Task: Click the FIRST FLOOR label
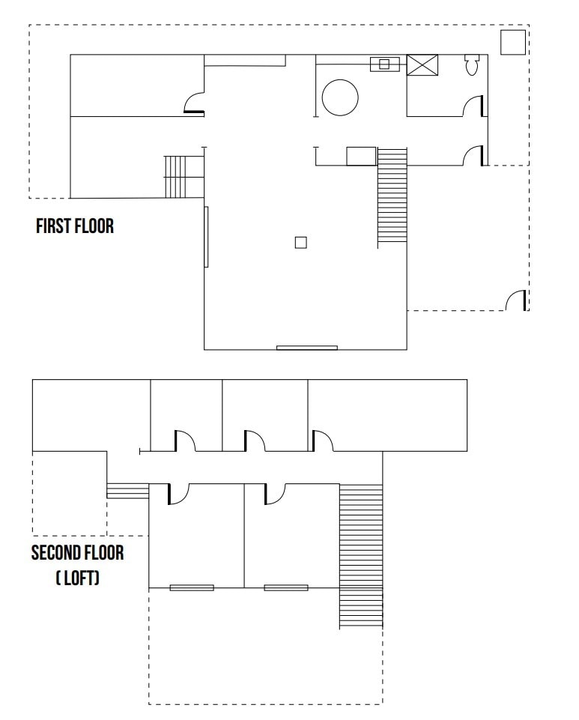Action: click(x=75, y=226)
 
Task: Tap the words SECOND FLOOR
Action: click(x=77, y=554)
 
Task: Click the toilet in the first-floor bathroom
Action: click(x=472, y=66)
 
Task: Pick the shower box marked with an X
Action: click(x=422, y=64)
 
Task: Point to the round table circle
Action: click(x=340, y=97)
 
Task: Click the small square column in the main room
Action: click(x=300, y=242)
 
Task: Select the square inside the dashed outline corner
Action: click(x=512, y=42)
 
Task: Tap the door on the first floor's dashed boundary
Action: click(x=516, y=300)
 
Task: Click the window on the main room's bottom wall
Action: click(x=307, y=348)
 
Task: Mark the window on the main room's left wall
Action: click(x=206, y=237)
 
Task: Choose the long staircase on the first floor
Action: click(x=392, y=197)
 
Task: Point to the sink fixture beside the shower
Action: click(x=384, y=64)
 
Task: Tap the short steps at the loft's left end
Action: click(x=128, y=490)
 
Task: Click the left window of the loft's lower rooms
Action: click(x=192, y=587)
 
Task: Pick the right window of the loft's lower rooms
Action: click(x=285, y=587)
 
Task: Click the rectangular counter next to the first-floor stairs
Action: click(x=361, y=156)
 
